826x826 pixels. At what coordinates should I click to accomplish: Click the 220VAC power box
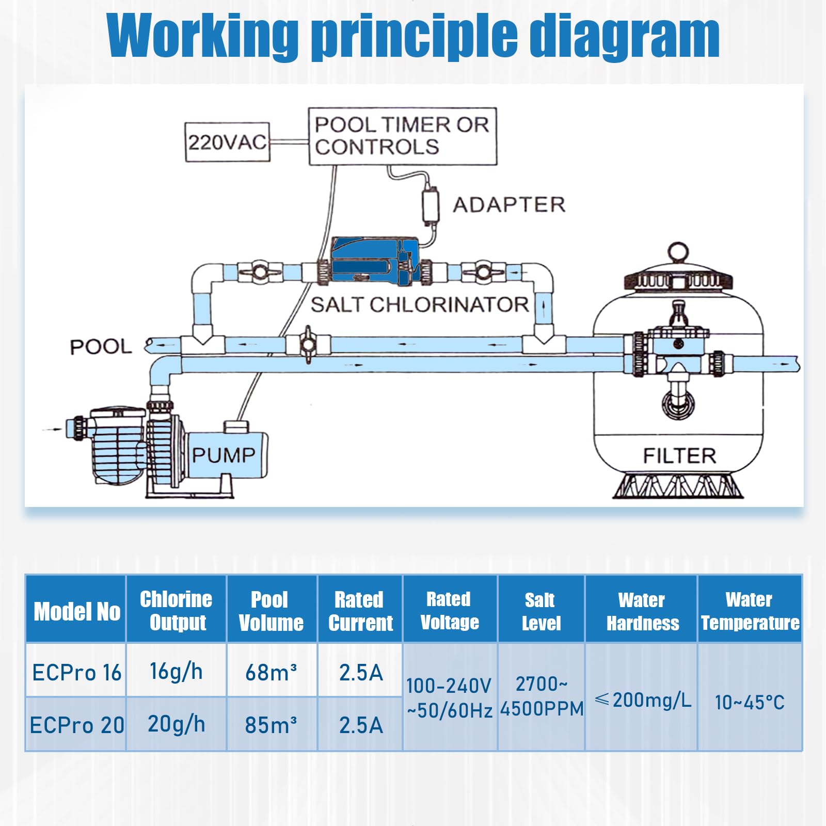[x=227, y=142]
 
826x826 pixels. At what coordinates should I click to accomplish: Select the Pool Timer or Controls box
[x=402, y=136]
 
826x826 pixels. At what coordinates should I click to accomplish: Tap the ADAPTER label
[x=509, y=205]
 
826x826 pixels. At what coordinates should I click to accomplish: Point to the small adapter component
[x=430, y=205]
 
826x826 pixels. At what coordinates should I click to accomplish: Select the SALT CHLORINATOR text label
[x=419, y=305]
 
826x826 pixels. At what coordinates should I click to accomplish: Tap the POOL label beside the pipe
[x=101, y=347]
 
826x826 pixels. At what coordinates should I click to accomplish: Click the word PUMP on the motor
[x=224, y=455]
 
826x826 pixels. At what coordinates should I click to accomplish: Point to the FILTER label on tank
[x=679, y=456]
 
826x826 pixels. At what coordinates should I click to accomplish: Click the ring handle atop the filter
[x=677, y=253]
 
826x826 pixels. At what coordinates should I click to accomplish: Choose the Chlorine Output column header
[x=176, y=610]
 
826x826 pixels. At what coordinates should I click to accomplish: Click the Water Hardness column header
[x=642, y=611]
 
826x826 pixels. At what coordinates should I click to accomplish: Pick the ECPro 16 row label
[x=76, y=673]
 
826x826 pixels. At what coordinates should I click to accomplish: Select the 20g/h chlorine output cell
[x=176, y=724]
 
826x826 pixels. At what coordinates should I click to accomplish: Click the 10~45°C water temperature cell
[x=750, y=702]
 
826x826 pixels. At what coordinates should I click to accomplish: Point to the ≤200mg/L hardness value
[x=642, y=700]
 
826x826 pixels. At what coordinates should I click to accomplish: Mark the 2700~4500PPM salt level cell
[x=542, y=696]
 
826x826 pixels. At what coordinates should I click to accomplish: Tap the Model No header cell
[x=76, y=611]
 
